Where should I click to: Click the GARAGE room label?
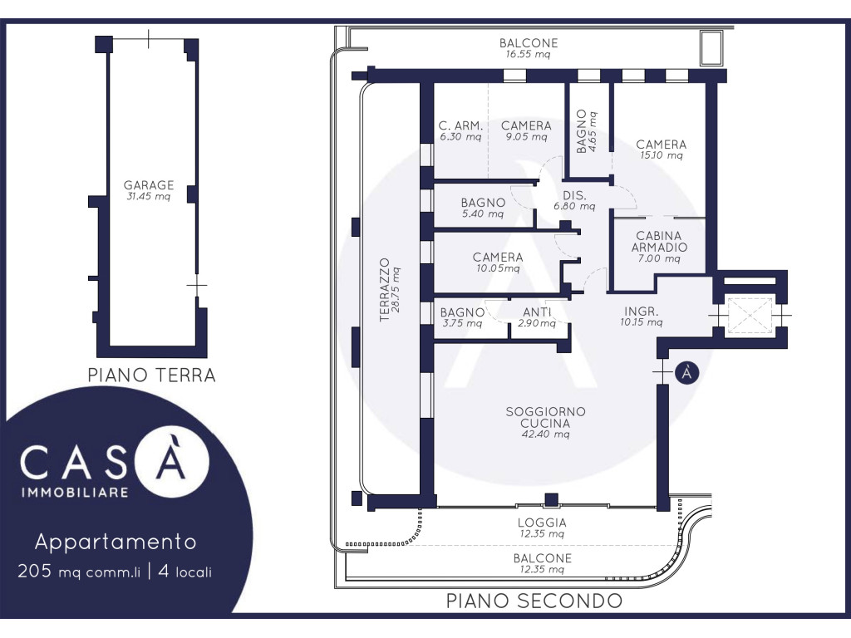[149, 185]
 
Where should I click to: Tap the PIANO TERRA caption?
[152, 375]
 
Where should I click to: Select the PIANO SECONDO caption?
[534, 601]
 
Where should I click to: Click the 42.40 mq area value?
[545, 434]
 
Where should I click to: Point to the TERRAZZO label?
[384, 290]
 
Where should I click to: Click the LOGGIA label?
[542, 523]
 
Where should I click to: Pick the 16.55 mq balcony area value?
[528, 54]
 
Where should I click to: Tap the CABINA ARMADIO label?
[659, 242]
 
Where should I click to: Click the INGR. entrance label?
[641, 312]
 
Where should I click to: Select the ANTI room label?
[537, 312]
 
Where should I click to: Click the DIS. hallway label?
[574, 195]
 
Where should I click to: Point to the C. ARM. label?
[460, 126]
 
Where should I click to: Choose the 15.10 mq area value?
[661, 155]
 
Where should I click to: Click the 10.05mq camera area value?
[498, 268]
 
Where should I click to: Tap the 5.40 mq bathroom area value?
[483, 213]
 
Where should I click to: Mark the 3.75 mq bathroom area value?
[462, 324]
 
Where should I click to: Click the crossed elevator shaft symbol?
[749, 315]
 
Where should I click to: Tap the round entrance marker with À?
[686, 373]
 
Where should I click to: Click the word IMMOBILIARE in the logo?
[75, 493]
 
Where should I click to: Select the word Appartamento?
[116, 542]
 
